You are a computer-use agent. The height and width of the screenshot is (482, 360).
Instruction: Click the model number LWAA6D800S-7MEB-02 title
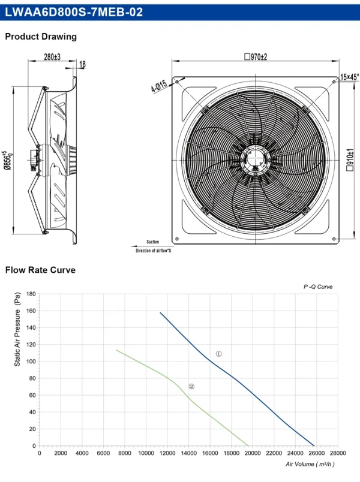coord(74,12)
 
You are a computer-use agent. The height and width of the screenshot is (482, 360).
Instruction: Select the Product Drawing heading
coord(41,37)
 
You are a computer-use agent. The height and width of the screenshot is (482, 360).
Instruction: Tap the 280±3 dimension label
coord(52,57)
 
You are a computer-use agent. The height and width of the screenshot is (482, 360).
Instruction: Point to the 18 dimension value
coord(82,64)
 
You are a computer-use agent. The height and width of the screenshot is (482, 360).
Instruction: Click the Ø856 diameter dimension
coord(8,160)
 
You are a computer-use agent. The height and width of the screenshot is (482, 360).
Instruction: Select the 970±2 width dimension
coord(256,57)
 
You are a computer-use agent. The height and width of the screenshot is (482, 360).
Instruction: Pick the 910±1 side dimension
coord(350,160)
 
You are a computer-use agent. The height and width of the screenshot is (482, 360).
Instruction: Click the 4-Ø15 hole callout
coord(159,86)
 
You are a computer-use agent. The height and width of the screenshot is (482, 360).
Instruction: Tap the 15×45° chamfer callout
coord(350,77)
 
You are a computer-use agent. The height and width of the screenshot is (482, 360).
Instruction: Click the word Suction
coord(153,242)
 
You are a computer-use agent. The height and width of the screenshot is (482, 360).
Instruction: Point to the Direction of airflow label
coord(153,251)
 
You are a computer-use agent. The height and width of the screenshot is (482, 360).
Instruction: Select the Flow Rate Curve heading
coord(40,270)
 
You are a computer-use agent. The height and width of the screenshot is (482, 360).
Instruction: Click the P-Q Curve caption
coord(318,287)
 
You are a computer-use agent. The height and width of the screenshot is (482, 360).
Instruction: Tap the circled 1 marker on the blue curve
coord(218,354)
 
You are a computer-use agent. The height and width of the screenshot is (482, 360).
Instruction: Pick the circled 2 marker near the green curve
coord(191,387)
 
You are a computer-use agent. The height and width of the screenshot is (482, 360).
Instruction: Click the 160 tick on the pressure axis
coord(31,311)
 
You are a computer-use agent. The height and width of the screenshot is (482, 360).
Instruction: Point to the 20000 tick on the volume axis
coord(253,453)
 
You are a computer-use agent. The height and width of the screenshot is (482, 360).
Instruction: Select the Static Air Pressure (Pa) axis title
coord(17,329)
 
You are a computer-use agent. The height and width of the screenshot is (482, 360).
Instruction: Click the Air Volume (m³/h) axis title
coord(310,464)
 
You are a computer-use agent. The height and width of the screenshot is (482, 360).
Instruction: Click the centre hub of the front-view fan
coord(256,160)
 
